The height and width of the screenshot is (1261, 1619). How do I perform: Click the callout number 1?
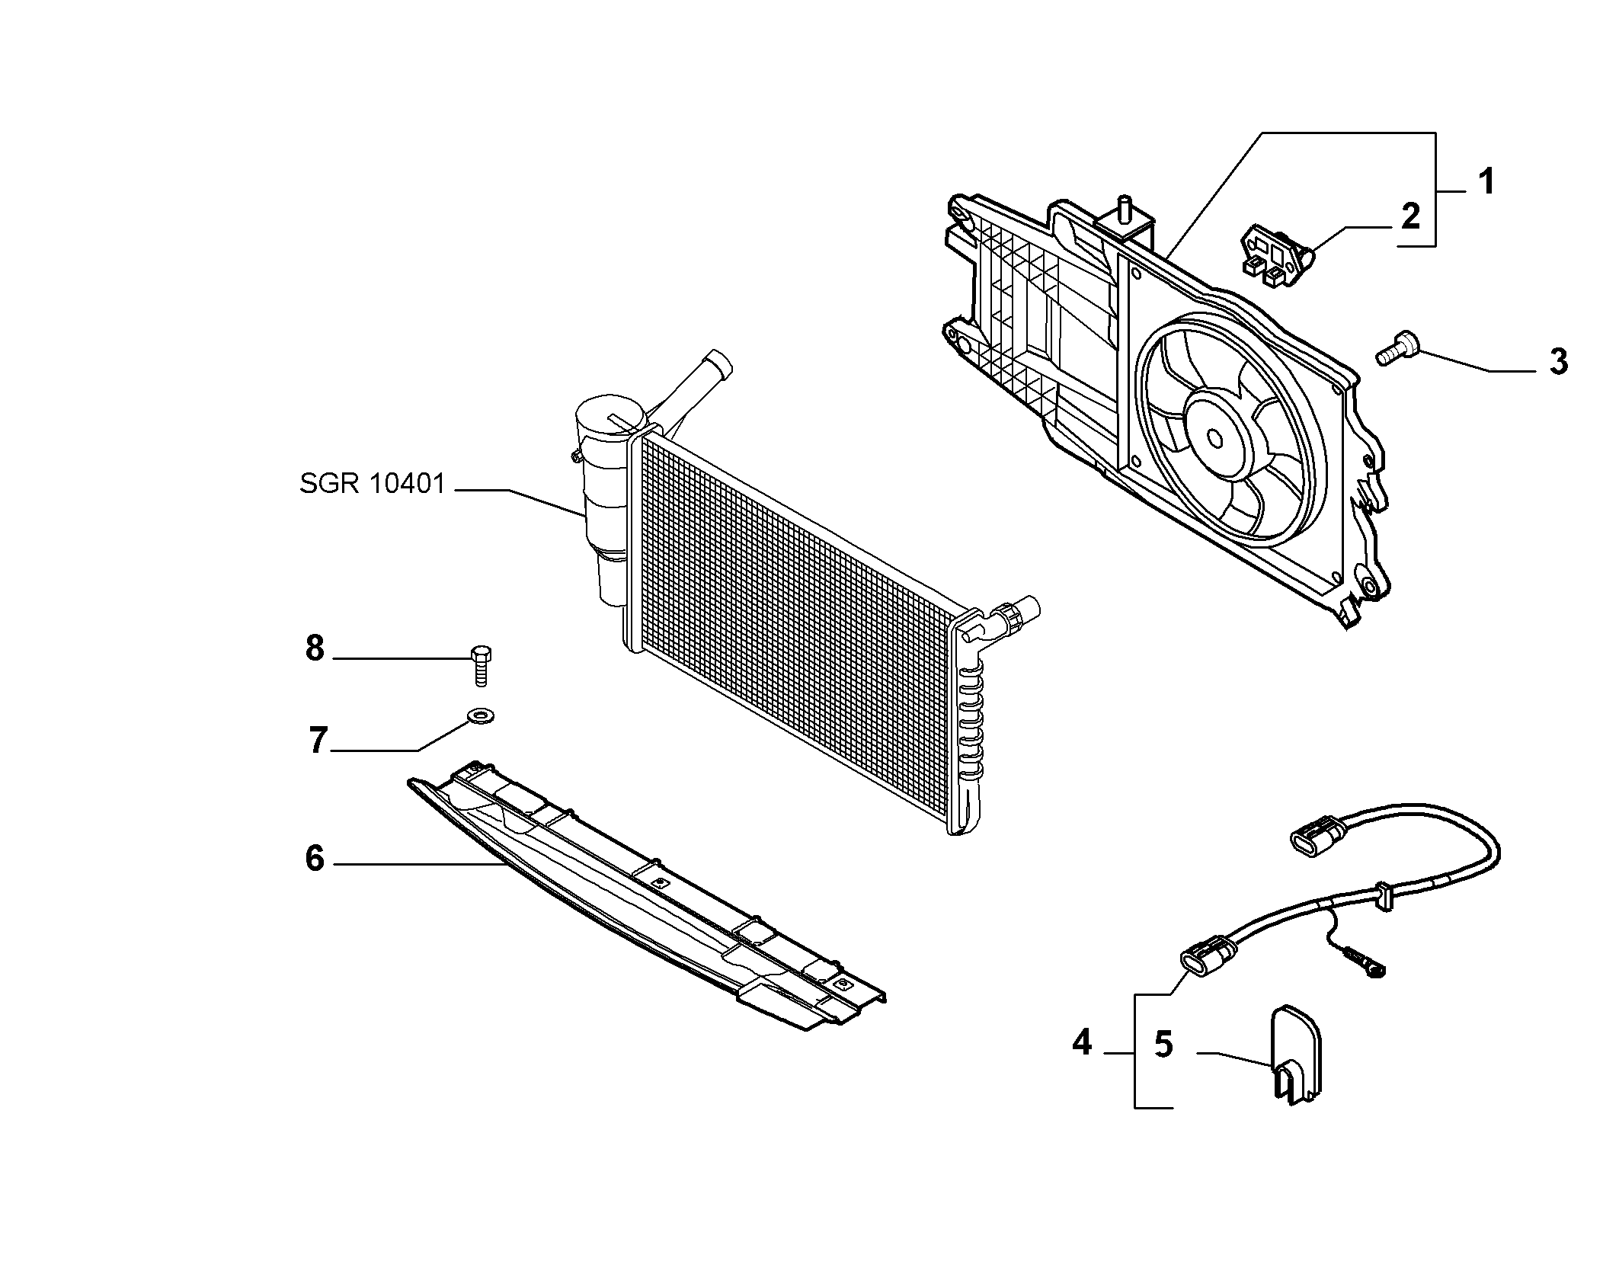(x=1486, y=182)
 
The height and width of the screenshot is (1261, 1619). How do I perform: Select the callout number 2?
(x=1410, y=216)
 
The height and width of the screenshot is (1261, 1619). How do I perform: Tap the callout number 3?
(x=1559, y=361)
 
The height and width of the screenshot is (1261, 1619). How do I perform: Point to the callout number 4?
(x=1082, y=1042)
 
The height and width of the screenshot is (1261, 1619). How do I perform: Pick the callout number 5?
(x=1163, y=1045)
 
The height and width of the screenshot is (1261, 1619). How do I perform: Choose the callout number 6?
(x=315, y=858)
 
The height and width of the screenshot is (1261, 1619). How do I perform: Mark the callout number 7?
(x=318, y=740)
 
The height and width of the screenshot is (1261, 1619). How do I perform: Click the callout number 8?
(x=315, y=649)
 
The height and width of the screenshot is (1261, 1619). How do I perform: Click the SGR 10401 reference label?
(x=373, y=484)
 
